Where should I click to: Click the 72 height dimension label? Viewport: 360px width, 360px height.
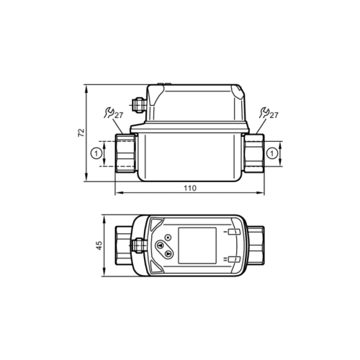[x=82, y=132]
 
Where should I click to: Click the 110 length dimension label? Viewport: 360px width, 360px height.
[x=190, y=188]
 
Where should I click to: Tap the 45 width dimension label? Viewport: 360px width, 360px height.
[x=99, y=246]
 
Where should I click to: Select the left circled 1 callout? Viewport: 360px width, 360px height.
[x=96, y=153]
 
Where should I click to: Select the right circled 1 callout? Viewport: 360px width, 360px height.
[x=272, y=153]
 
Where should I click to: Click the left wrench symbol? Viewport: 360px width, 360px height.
[x=109, y=113]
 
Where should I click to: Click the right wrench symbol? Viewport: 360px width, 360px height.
[x=264, y=112]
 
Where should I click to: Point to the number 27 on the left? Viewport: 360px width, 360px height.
[x=118, y=116]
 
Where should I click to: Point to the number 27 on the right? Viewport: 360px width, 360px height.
[x=274, y=115]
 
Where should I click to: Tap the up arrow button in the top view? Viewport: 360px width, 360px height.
[x=160, y=246]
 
